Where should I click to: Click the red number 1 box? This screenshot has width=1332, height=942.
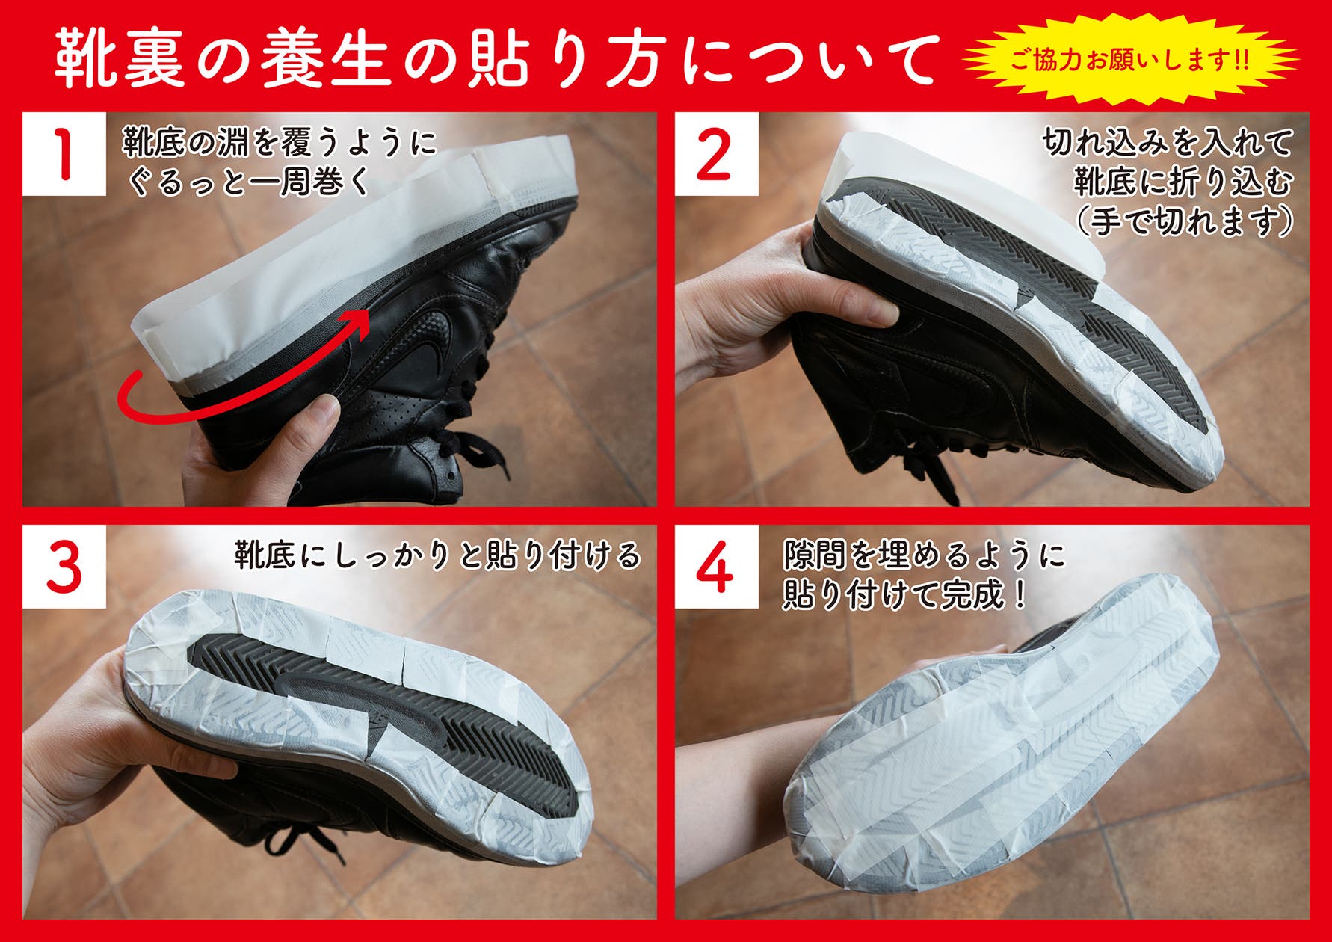coord(64,154)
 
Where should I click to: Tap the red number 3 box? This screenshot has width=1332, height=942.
coord(64,567)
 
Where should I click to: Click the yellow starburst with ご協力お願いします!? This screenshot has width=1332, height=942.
coord(1129,59)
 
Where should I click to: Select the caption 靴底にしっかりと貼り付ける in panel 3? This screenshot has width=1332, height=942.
coord(437,555)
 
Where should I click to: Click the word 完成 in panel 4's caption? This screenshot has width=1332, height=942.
coord(971,596)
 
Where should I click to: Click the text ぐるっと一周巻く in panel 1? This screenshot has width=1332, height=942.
coord(249,182)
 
